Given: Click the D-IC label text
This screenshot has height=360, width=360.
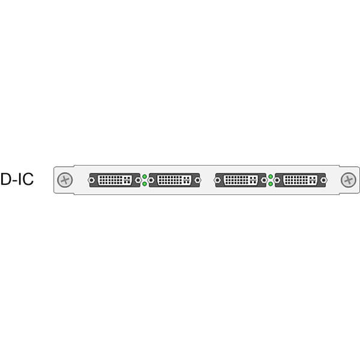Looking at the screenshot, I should (17, 179).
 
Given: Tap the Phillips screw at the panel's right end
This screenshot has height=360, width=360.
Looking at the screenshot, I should (347, 180).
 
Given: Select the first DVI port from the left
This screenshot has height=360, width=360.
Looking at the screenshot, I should (114, 180).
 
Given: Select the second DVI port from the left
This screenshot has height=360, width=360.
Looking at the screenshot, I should (174, 180).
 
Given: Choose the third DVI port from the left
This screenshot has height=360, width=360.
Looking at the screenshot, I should (241, 180).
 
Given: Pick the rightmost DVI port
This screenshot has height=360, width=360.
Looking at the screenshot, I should (301, 180).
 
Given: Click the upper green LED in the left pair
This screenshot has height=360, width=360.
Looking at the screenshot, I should (145, 176).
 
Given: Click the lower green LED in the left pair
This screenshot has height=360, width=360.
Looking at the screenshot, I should (145, 184).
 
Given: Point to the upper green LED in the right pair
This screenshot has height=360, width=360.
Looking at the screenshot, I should (271, 176).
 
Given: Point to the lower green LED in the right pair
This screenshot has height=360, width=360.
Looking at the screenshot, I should (271, 184).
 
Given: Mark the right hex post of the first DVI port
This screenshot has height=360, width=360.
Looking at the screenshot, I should (137, 180).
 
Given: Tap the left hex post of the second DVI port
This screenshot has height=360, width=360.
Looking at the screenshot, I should (152, 180).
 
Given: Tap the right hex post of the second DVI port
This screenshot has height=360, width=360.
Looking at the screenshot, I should (197, 180).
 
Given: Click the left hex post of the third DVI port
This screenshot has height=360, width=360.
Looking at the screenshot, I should (219, 180).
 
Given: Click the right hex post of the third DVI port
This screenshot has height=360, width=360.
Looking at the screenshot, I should (263, 180).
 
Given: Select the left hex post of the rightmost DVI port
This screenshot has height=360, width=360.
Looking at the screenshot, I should (279, 180).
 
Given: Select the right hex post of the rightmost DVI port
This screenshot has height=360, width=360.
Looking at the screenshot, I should (323, 180).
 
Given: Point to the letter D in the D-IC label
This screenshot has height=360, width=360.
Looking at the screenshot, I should (6, 179).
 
